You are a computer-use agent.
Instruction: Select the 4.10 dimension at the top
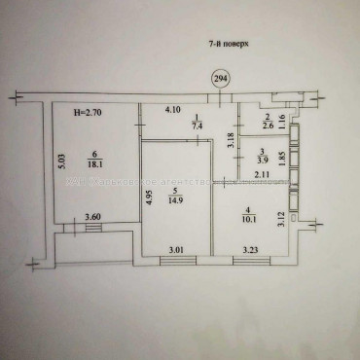pyautogui.click(x=173, y=110)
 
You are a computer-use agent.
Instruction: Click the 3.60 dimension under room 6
pyautogui.click(x=92, y=216)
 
